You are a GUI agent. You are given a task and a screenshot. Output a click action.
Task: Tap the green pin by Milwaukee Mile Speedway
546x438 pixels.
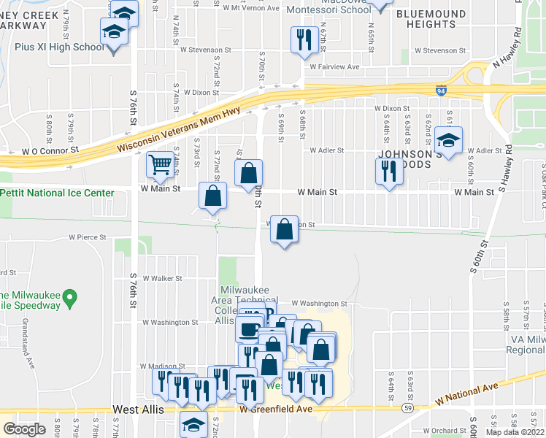click(x=69, y=297)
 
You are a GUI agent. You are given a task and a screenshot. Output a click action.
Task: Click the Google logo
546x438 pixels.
click(x=24, y=429)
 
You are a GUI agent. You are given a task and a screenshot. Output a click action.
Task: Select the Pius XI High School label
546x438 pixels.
click(x=60, y=47)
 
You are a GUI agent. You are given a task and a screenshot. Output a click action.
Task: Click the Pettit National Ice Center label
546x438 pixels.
click(x=58, y=193)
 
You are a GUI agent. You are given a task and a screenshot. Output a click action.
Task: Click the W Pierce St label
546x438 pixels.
click(x=88, y=237)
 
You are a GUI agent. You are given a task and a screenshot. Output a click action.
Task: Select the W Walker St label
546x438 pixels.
click(x=161, y=278)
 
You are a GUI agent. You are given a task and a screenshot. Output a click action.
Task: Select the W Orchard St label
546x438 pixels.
click(x=437, y=431)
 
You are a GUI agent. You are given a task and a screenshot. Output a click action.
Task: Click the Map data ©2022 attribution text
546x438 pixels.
click(x=515, y=432)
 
